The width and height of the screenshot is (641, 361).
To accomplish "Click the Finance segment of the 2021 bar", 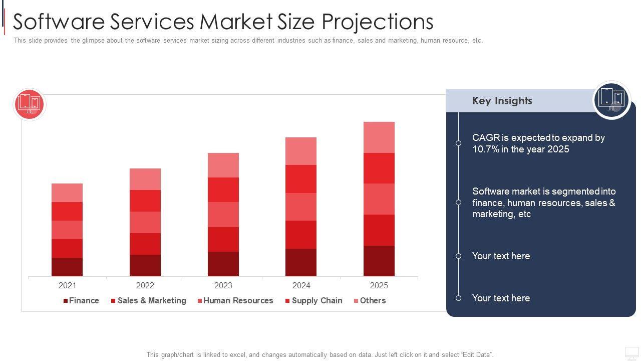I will click(x=67, y=267).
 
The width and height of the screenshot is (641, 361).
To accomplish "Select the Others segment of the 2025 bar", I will click(x=379, y=137).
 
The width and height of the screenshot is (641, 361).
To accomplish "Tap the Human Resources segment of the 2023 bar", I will click(x=223, y=215).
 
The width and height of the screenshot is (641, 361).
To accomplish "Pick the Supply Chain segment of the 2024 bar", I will click(x=301, y=179).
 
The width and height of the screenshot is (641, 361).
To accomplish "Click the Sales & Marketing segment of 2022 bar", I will click(x=145, y=244).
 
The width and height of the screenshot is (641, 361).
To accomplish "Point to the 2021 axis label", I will click(x=67, y=285).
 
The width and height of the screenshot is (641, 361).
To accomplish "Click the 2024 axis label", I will click(x=301, y=285).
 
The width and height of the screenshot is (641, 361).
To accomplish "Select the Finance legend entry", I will click(x=81, y=301).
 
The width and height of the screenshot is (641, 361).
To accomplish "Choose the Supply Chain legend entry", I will click(x=314, y=301).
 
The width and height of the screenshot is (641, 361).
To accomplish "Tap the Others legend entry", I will click(x=370, y=301).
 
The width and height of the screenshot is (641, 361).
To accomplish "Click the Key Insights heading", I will click(x=502, y=101).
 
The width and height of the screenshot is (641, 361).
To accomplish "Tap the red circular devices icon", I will click(x=29, y=104).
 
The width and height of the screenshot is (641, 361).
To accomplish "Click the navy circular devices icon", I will click(x=611, y=100).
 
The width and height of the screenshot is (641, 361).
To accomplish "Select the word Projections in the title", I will click(x=377, y=22).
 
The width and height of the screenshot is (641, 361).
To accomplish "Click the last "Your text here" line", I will click(x=501, y=298).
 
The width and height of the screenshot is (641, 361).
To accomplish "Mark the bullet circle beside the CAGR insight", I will click(x=458, y=143).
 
